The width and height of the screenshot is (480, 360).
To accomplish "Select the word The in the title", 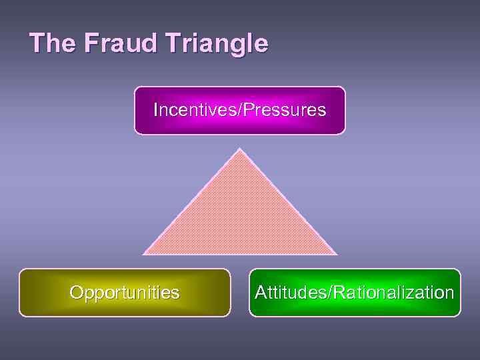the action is point(52,43).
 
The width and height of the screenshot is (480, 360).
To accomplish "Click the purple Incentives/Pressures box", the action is point(240,111).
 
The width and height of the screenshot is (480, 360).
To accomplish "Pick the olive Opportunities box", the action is point(125,292).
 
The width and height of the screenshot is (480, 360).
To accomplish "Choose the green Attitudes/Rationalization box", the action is point(355,292).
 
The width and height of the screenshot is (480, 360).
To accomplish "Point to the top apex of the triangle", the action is point(239,149).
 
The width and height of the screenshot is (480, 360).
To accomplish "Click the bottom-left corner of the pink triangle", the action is point(144,253).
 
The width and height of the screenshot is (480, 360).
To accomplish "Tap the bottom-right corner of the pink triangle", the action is point(335,253).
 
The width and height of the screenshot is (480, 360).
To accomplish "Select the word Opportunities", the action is point(125,293).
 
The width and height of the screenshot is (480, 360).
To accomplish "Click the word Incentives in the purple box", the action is point(190,109).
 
